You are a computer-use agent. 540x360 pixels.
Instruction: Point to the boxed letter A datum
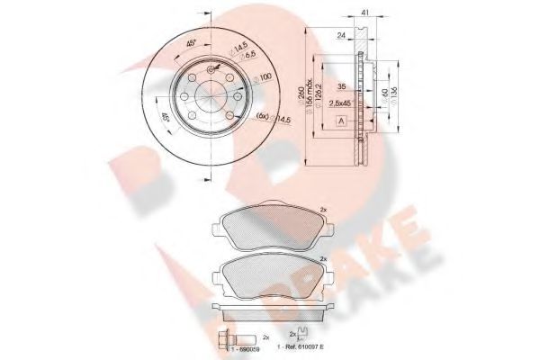(x=340, y=120)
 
